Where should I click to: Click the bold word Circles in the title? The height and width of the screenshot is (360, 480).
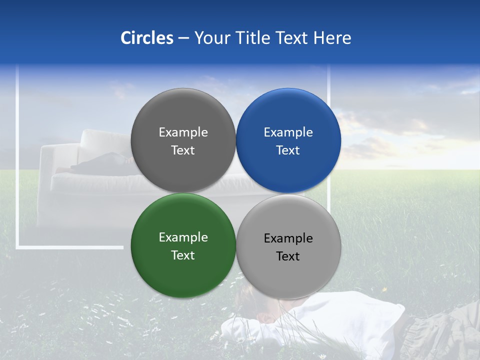click(x=147, y=38)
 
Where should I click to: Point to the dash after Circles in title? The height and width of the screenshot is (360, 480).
click(x=183, y=38)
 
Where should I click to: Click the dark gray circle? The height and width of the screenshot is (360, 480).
click(x=183, y=140)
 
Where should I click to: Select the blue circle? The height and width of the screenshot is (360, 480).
click(x=288, y=140)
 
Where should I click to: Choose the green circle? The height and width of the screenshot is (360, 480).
click(x=183, y=245)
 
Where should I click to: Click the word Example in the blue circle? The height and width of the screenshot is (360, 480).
click(x=288, y=132)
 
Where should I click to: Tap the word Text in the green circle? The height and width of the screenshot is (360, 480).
click(x=183, y=255)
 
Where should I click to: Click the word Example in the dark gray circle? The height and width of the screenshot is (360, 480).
click(x=183, y=132)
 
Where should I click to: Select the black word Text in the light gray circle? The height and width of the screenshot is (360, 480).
click(x=288, y=256)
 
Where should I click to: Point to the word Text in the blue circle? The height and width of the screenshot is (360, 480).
click(x=288, y=150)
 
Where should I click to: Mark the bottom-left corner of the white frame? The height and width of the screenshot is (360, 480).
click(x=17, y=246)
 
